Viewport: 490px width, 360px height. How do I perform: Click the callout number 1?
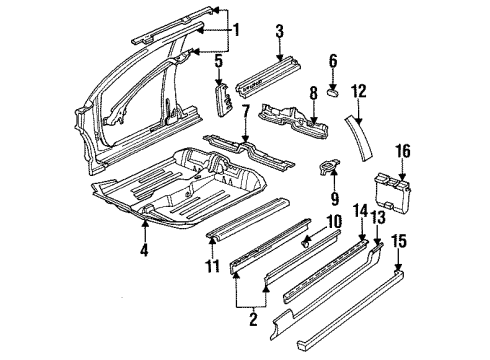tap(236, 30)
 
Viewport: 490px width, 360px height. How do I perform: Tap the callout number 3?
tap(280, 31)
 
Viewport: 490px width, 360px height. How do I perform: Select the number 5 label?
tap(218, 62)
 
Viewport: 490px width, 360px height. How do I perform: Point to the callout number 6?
tap(333, 61)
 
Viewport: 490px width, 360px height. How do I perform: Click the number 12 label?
tap(359, 91)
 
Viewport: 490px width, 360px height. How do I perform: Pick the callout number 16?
tap(403, 151)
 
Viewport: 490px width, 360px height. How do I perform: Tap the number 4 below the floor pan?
tap(144, 250)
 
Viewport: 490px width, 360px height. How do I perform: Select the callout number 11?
tap(213, 266)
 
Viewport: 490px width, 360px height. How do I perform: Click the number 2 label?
tap(253, 319)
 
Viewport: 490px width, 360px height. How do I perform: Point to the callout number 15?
tap(400, 241)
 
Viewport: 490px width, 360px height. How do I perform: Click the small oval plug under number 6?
tap(332, 91)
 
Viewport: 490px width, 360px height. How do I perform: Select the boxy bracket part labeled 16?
tap(393, 193)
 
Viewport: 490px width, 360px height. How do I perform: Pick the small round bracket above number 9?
tap(329, 166)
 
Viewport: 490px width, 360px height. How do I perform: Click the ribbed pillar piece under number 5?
tap(225, 100)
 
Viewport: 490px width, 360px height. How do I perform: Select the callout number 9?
tap(335, 198)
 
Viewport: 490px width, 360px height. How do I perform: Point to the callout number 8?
tap(313, 94)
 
